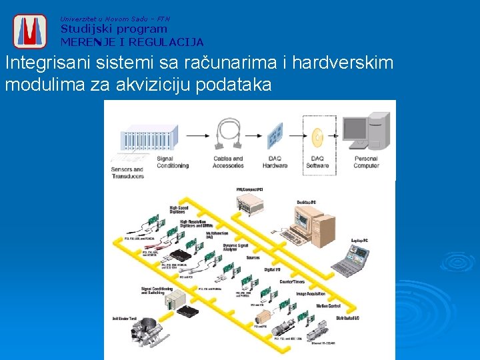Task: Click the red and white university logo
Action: (29, 31)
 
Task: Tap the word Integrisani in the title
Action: (39, 64)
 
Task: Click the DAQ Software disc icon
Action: (317, 138)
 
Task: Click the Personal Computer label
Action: (366, 162)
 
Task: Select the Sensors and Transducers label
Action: (127, 173)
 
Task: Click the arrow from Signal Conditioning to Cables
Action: (196, 135)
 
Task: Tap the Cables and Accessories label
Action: (228, 162)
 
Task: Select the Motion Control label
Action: (328, 306)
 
